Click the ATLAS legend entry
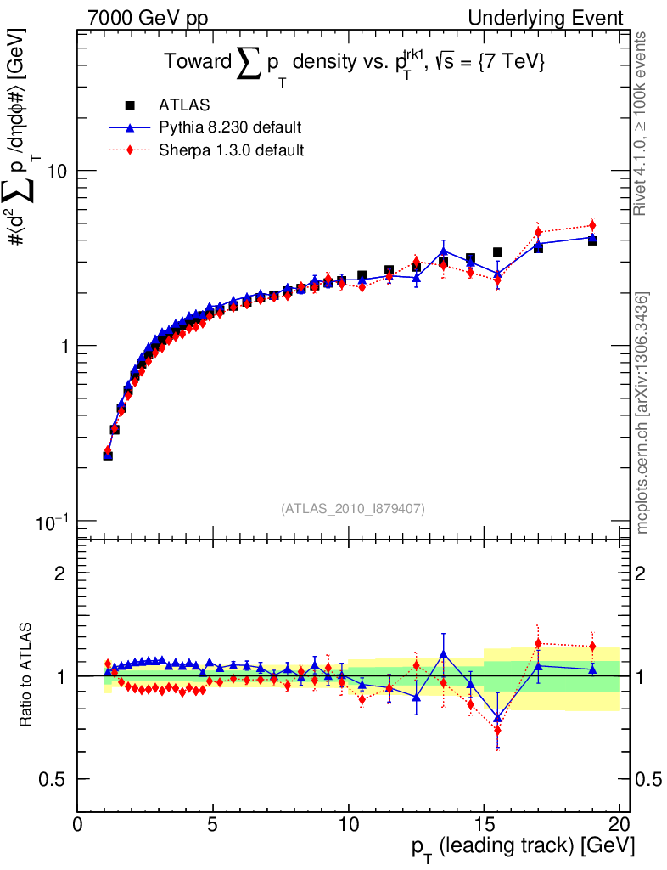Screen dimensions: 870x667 [x=185, y=105]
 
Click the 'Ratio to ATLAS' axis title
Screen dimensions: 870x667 [x=27, y=675]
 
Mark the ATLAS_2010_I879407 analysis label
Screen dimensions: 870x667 [x=353, y=509]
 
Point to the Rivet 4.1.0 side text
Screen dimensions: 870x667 [x=643, y=124]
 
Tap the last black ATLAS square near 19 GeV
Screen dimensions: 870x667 [x=592, y=240]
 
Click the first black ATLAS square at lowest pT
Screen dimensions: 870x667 [x=108, y=456]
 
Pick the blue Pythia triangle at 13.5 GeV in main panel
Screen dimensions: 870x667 [x=443, y=251]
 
